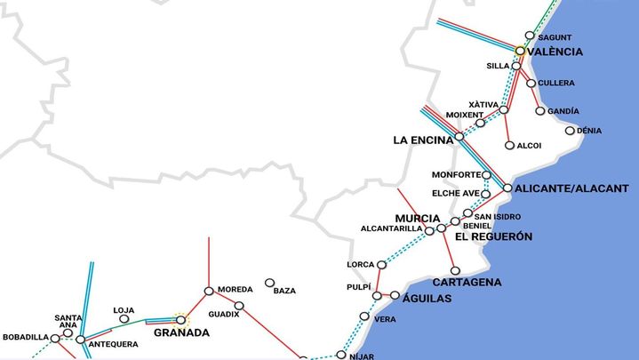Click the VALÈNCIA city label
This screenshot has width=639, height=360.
pos(555,52)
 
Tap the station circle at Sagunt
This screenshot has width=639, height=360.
pos(530,36)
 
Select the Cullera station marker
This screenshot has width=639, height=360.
pos(531,84)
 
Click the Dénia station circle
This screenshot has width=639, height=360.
pos(571,131)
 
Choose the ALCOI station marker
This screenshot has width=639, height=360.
pos(509,146)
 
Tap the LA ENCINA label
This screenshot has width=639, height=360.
pos(422,140)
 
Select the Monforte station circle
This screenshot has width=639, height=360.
pos(486,175)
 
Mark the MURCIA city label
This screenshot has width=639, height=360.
pos(417,219)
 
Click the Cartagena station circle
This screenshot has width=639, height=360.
pos(455,271)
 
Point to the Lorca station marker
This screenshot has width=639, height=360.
pos(382,265)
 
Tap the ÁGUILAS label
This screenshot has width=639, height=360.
pos(427,299)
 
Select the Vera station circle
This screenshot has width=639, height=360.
pos(364,316)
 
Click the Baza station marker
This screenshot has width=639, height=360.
pos(269,284)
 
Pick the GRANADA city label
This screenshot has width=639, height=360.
pos(181,333)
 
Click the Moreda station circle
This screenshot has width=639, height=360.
pos(209,291)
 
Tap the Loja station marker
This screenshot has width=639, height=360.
pos(124,319)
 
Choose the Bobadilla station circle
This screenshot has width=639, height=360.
pos(55,339)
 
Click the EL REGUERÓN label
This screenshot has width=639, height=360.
pos(493,237)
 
